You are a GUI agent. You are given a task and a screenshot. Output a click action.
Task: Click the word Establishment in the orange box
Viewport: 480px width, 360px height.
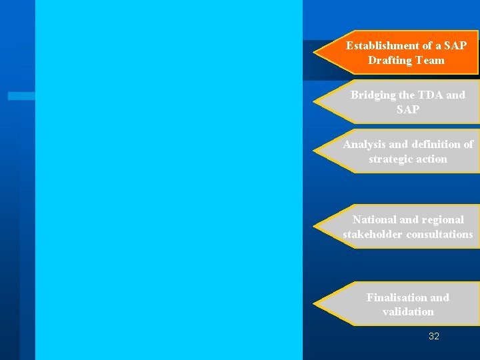click(377, 45)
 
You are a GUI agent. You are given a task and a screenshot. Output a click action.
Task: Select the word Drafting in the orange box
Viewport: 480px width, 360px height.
click(389, 60)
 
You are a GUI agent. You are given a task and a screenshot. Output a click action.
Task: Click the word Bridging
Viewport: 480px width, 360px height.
click(373, 95)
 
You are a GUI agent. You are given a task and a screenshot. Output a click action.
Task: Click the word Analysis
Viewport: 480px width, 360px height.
click(364, 144)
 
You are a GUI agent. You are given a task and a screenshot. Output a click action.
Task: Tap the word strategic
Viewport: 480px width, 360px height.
click(391, 159)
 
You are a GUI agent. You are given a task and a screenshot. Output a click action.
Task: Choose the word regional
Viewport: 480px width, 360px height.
click(443, 219)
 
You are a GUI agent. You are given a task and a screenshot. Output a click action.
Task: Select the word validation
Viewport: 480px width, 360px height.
click(408, 311)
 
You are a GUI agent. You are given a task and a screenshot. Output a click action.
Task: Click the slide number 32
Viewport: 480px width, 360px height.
click(434, 337)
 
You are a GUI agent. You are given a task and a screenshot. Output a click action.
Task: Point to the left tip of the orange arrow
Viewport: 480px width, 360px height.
click(315, 52)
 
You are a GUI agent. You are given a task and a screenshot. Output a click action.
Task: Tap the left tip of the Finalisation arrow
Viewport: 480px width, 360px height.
click(315, 304)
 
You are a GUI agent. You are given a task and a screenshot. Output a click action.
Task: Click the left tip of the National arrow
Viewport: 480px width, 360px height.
click(315, 227)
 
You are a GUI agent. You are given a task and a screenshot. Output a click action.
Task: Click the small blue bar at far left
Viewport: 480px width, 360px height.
click(21, 96)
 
